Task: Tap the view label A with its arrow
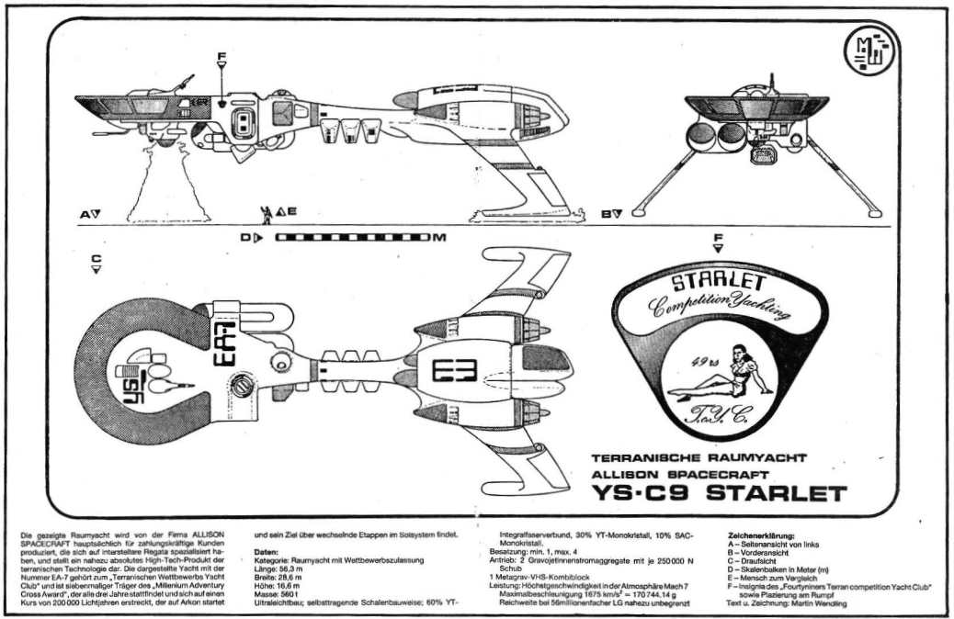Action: tap(89, 214)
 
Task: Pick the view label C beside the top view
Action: tap(96, 263)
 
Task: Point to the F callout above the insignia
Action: tap(718, 242)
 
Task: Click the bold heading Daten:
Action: tap(267, 552)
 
